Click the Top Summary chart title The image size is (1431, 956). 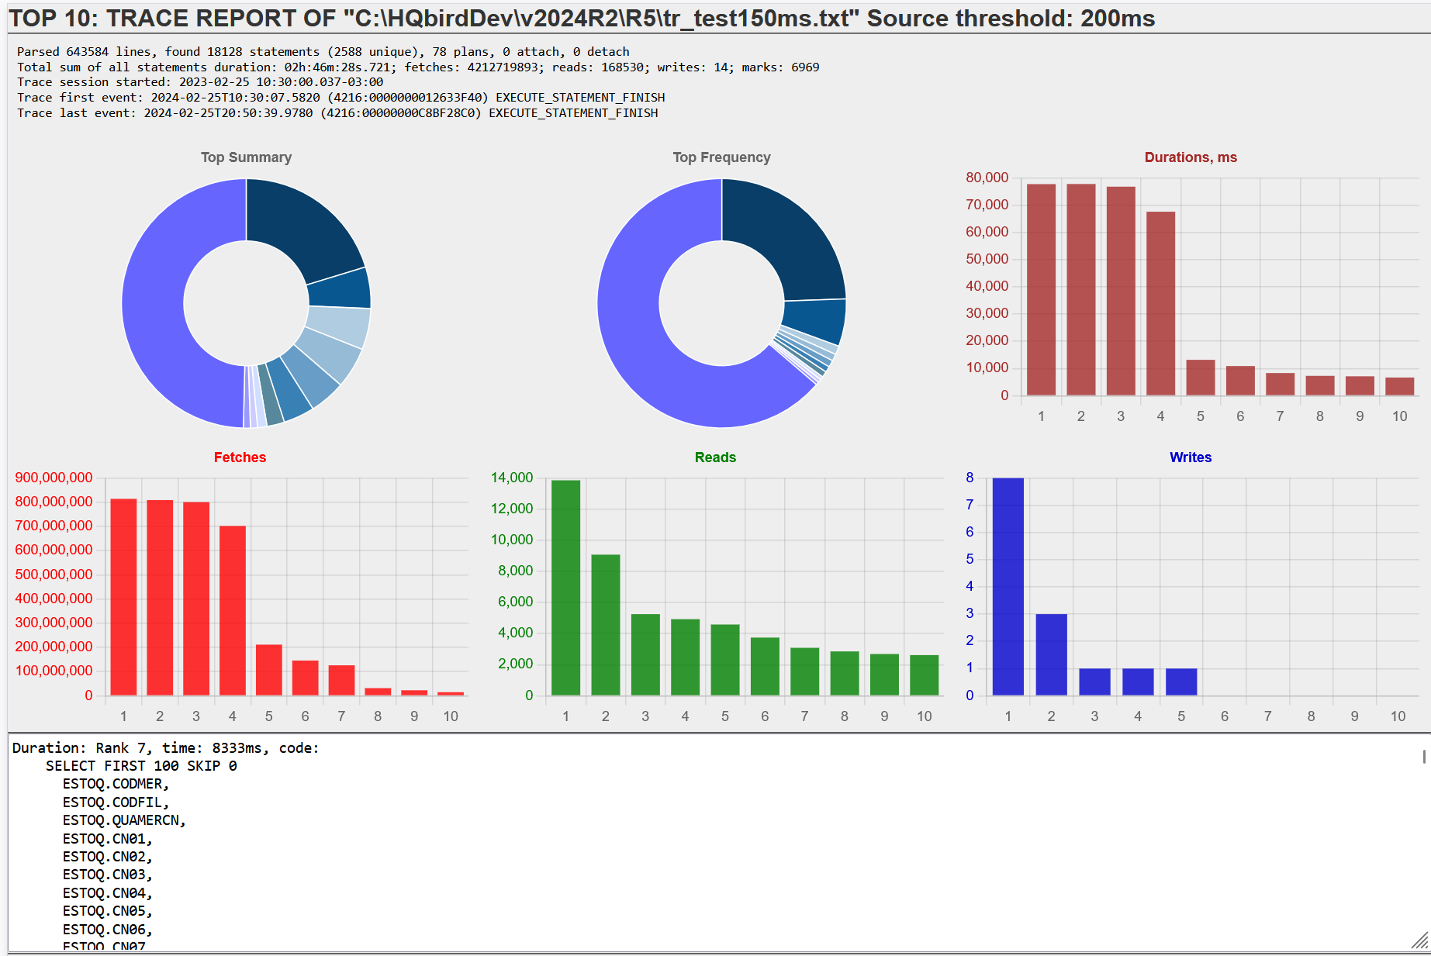[246, 157]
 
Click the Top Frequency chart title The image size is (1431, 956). [721, 157]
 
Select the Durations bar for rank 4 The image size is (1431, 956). [1160, 303]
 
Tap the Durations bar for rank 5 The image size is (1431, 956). [1201, 378]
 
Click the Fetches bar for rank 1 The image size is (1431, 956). [123, 596]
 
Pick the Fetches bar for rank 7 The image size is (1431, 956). [341, 680]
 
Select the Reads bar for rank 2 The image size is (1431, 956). [605, 624]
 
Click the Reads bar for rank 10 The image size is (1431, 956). [924, 675]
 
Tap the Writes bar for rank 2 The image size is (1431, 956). [1051, 654]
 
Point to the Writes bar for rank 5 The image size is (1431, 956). [1181, 682]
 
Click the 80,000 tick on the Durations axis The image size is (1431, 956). [987, 178]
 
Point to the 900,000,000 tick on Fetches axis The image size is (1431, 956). [54, 478]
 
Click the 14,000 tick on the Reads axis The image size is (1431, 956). [512, 478]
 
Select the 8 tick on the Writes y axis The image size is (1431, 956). [970, 478]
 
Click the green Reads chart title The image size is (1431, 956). [715, 457]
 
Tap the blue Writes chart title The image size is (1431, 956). [1190, 457]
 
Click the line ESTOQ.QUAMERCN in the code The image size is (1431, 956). [124, 820]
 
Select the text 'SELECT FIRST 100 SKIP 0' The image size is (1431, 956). [141, 766]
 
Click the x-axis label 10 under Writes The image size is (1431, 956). [1398, 716]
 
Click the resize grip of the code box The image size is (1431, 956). [1419, 940]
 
